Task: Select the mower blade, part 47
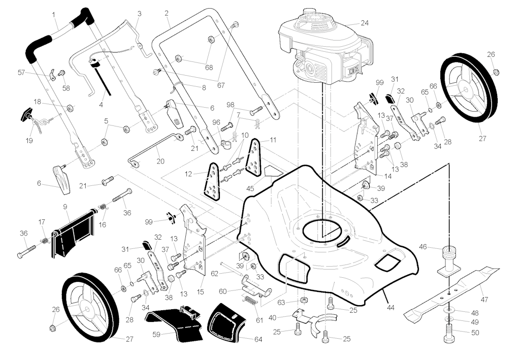tap(452, 292)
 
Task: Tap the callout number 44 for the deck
tap(390, 307)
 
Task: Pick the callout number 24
tap(364, 23)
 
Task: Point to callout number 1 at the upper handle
tap(54, 14)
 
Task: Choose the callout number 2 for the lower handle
tap(167, 13)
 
